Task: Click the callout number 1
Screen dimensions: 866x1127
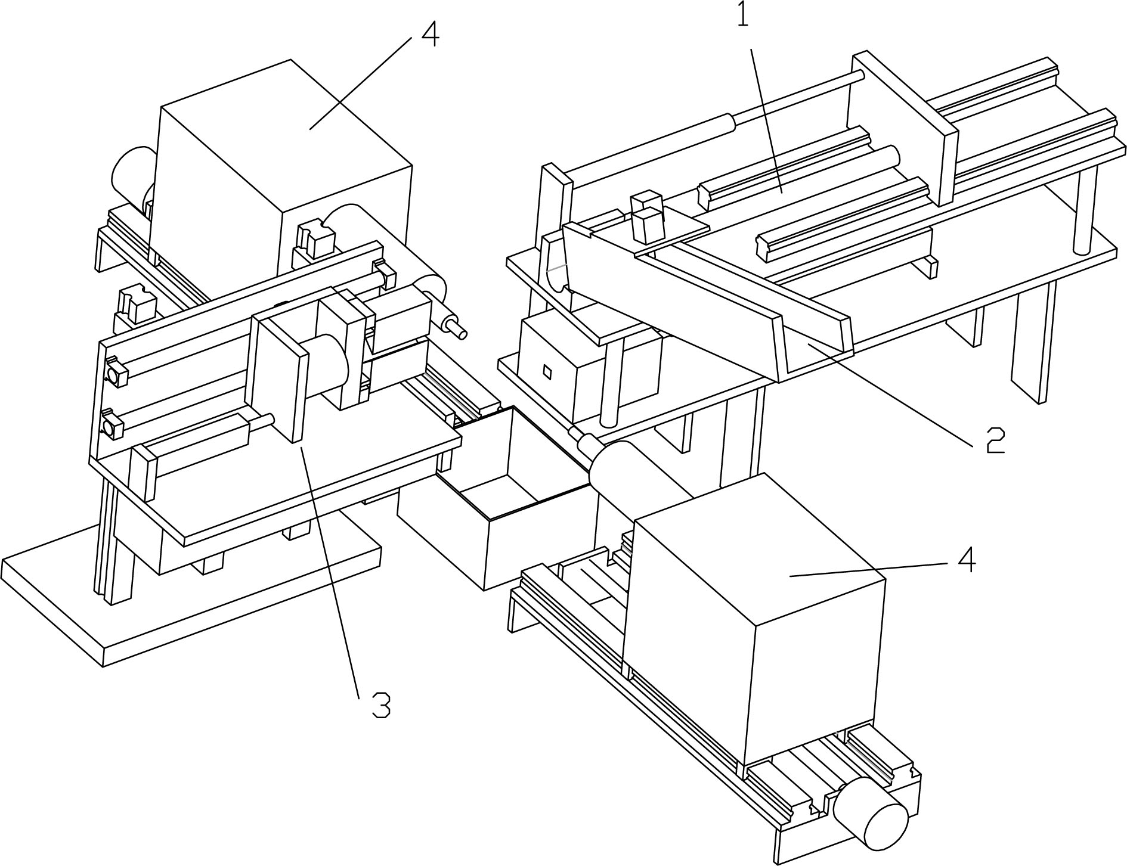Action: coord(742,15)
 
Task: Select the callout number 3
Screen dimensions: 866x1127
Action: coord(381,705)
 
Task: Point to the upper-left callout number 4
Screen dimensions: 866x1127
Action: coord(430,34)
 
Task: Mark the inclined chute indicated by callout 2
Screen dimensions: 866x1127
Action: coord(704,298)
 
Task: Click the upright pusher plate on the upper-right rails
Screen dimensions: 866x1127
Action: coord(900,128)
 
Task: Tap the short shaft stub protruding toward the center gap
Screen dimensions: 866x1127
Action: coord(454,327)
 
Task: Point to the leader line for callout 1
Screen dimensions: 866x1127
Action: coord(766,119)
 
